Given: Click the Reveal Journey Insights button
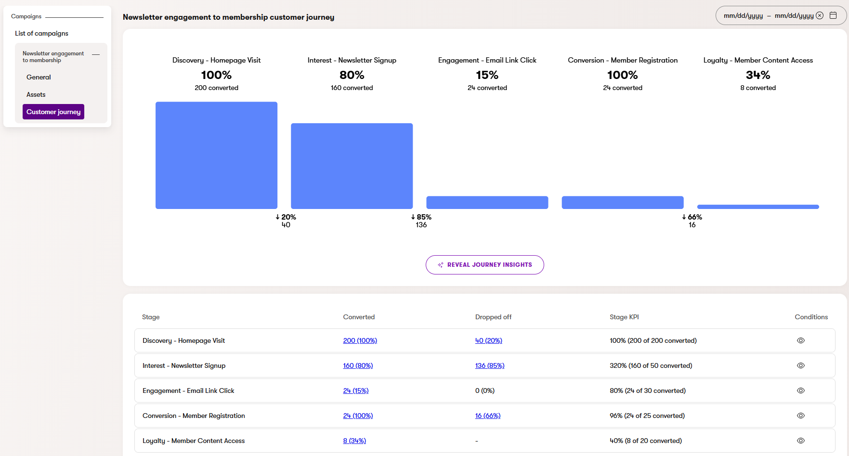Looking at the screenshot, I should point(484,265).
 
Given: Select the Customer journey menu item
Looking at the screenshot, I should point(53,112).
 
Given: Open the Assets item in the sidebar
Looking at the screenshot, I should point(36,94).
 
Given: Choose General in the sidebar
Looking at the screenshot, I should point(39,77).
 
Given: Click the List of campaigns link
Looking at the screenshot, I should point(41,33).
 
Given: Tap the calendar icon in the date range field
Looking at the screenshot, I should point(833,15).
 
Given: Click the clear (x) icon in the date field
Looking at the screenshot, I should point(820,15).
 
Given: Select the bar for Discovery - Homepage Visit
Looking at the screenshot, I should point(216,155).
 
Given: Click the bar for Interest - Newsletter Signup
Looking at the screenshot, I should point(352,166).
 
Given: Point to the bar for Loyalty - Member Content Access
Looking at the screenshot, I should point(758,207).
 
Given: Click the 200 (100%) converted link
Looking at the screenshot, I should point(360,340).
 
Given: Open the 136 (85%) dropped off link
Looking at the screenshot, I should point(489,365).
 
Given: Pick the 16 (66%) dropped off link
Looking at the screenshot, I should point(487,416).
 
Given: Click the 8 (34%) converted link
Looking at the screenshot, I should point(354,441).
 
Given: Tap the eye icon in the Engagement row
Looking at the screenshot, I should point(801,391).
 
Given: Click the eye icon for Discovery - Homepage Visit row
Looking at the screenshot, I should point(801,340).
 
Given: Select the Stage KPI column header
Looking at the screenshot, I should point(624,317).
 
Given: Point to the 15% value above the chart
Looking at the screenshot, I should point(487,75).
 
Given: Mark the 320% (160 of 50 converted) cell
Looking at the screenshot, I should point(651,365).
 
